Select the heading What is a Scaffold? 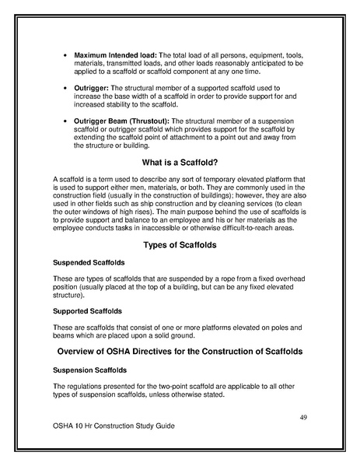180,163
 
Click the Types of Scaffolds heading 180,246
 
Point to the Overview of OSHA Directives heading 180,352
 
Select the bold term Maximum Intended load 114,56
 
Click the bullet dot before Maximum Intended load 63,57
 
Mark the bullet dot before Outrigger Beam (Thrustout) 63,121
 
